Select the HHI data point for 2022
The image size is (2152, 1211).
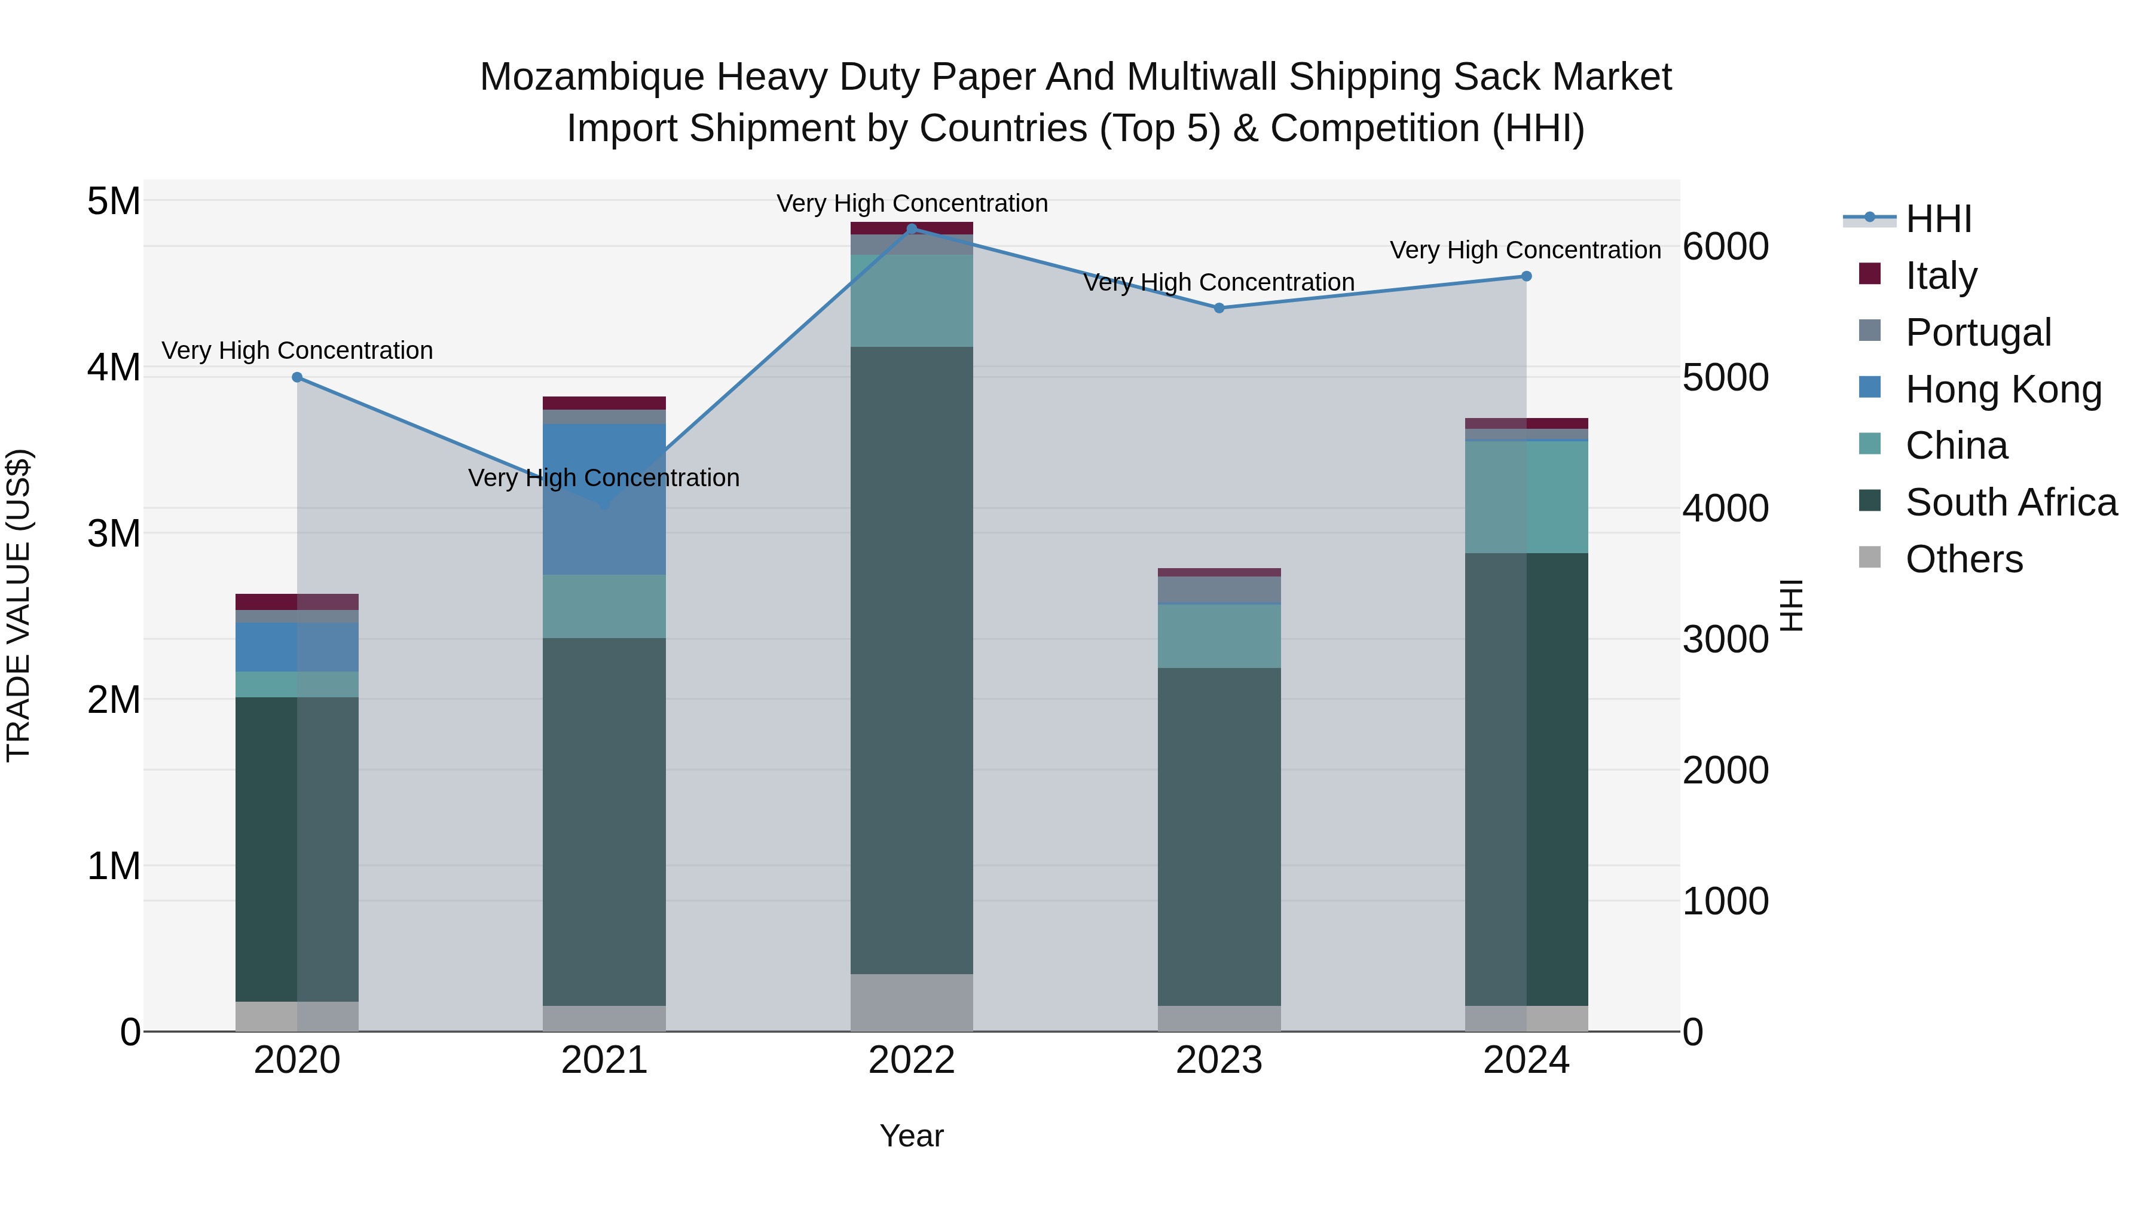coord(912,228)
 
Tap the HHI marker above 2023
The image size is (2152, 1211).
coord(1219,307)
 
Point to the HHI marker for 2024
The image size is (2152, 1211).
coord(1526,276)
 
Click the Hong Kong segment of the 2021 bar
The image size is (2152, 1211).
coord(604,499)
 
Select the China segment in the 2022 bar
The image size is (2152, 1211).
coord(912,301)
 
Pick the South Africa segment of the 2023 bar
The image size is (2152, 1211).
coord(1219,836)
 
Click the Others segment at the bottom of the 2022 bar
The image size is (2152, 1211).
coord(912,1002)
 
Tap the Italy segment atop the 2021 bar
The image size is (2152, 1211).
coord(604,403)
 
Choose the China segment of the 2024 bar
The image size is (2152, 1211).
coord(1526,496)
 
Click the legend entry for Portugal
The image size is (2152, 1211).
coord(1977,333)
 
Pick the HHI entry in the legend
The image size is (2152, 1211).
coord(1938,219)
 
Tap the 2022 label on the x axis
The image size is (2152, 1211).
coord(912,1060)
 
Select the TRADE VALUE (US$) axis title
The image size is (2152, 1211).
coord(19,605)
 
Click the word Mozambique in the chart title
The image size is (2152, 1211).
coord(592,77)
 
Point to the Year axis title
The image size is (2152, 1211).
coord(912,1136)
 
